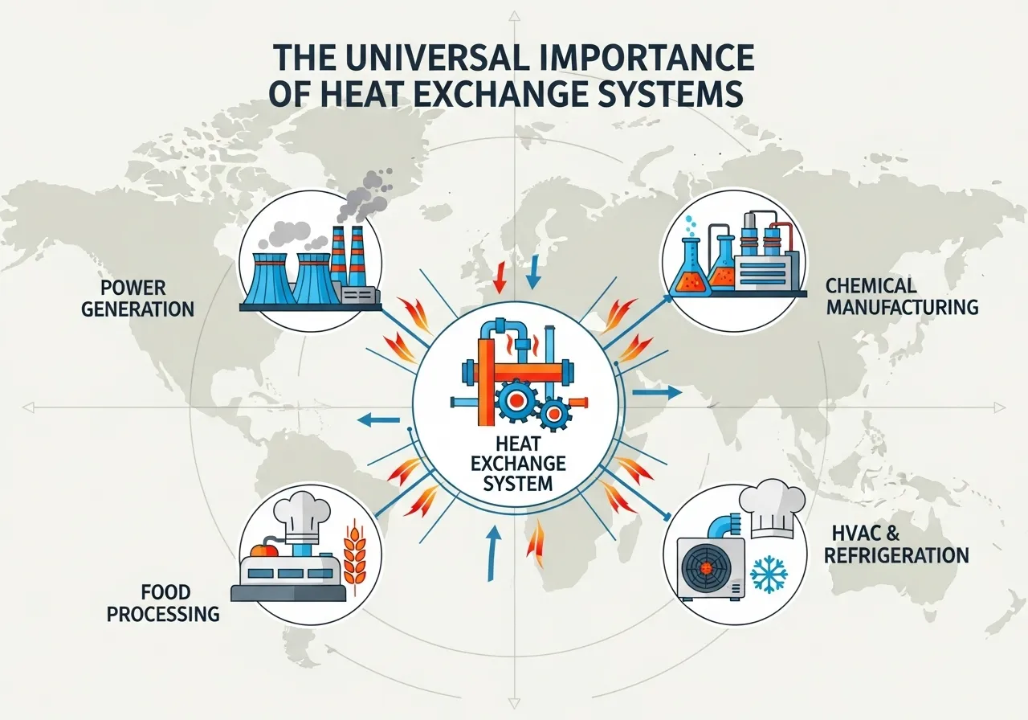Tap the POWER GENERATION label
coord(137,298)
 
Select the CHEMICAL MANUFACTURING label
coord(902,296)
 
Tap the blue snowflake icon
coord(769,575)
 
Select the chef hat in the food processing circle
coord(301,511)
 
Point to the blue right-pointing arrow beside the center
coord(656,393)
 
